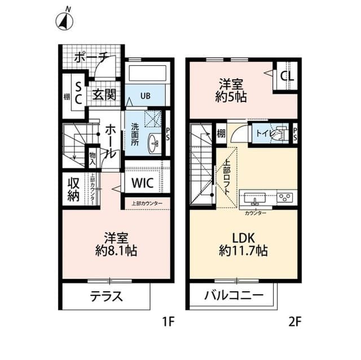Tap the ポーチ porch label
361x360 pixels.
point(90,57)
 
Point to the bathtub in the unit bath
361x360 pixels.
point(145,73)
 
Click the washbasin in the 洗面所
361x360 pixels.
point(153,144)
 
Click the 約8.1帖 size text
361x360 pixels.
point(116,250)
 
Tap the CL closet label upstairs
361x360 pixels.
point(285,75)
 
